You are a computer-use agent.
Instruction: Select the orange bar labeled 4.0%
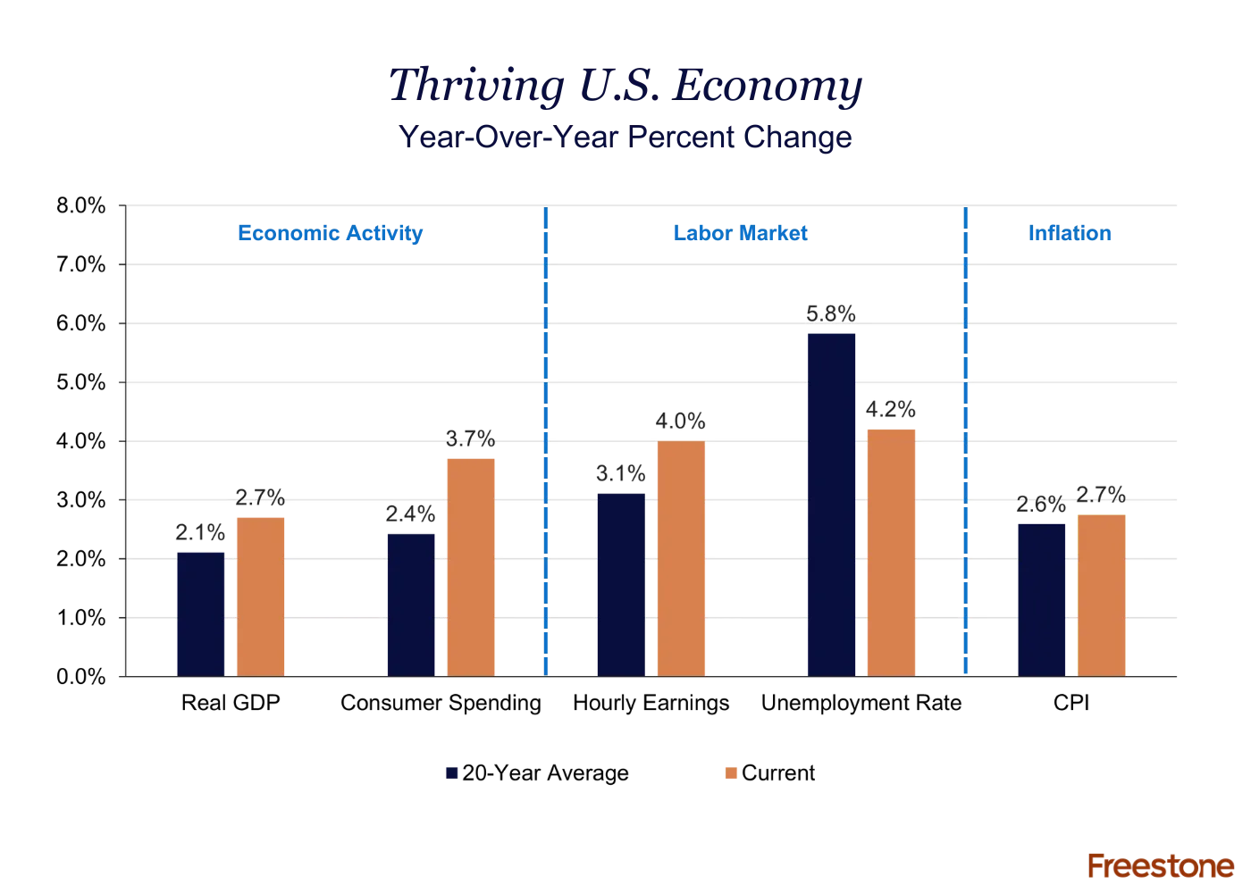pos(681,558)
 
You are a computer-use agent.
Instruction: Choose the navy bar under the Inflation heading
pos(1043,598)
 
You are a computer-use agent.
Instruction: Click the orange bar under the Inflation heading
pos(1102,594)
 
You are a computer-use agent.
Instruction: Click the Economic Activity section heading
pos(329,234)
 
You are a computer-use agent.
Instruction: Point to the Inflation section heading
pos(1071,234)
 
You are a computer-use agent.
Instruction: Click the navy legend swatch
pos(452,774)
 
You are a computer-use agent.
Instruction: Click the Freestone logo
pos(1161,865)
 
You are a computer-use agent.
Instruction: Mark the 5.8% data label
pos(832,313)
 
